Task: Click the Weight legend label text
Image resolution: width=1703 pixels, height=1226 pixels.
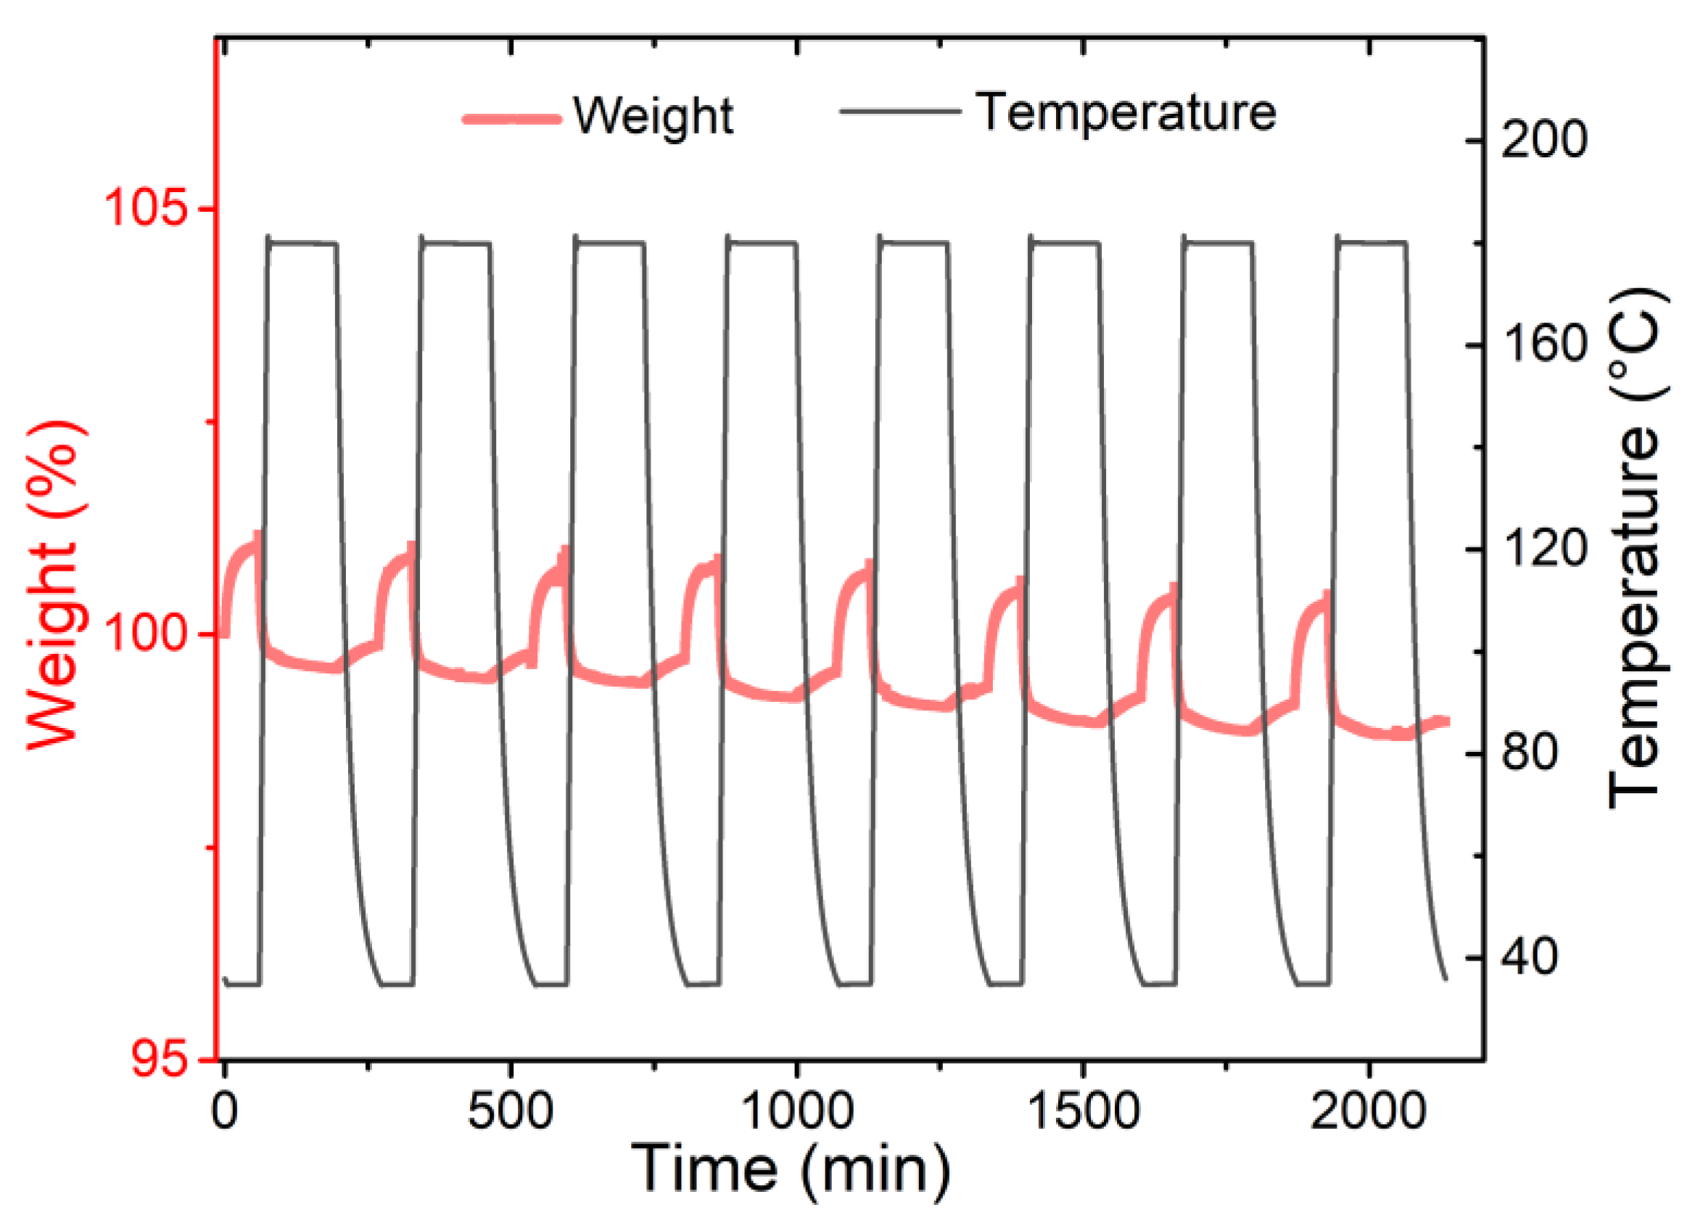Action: click(653, 117)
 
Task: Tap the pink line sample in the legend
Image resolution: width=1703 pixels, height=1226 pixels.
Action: click(512, 119)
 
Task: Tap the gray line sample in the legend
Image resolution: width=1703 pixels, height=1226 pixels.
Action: click(899, 112)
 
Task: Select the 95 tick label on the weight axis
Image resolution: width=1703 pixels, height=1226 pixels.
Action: click(158, 1059)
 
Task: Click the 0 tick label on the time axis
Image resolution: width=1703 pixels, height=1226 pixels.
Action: click(225, 1111)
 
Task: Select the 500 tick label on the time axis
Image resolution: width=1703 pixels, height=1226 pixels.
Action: click(511, 1111)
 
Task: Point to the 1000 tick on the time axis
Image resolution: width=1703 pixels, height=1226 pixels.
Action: click(796, 1111)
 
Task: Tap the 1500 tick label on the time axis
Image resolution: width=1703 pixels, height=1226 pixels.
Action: click(1083, 1111)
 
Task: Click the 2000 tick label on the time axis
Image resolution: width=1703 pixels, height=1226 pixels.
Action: click(1368, 1111)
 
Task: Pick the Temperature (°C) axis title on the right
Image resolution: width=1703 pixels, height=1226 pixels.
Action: click(1637, 549)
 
